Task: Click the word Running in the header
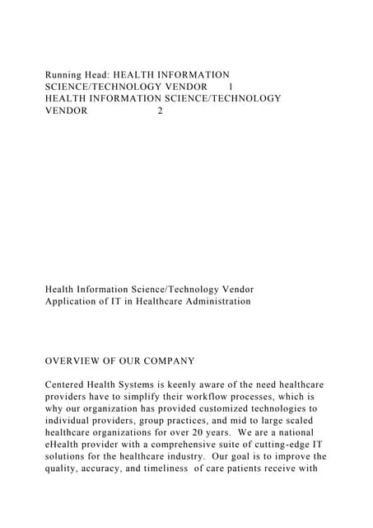coord(65,74)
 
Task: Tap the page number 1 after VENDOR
coord(231,87)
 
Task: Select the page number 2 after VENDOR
coord(160,111)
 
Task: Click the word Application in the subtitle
coord(72,302)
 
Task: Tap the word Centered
coord(68,385)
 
